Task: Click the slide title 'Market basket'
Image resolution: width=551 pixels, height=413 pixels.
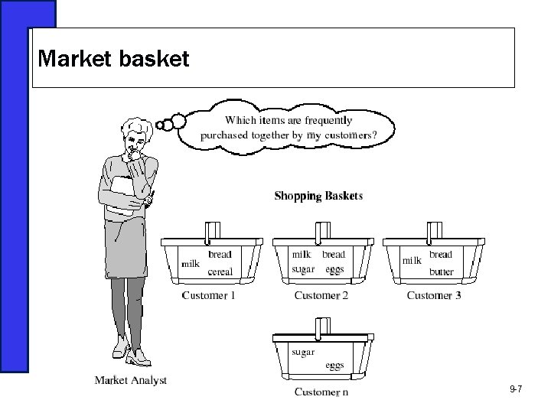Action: click(112, 59)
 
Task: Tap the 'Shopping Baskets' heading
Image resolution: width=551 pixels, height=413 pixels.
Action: click(318, 196)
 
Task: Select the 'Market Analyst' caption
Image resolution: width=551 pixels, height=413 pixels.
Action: click(130, 380)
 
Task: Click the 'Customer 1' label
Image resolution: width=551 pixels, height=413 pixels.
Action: click(208, 295)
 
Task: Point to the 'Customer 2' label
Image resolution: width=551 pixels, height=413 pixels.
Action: click(321, 295)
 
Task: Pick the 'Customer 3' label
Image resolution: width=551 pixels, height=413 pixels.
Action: click(433, 295)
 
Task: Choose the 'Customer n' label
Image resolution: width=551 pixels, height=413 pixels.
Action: click(321, 392)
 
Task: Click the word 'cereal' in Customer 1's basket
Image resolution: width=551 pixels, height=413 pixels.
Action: click(220, 272)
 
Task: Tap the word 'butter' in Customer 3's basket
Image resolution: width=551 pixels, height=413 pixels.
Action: click(442, 272)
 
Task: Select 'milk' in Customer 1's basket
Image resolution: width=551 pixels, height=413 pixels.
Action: click(190, 264)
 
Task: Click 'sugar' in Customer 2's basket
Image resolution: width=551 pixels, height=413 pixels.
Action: click(304, 269)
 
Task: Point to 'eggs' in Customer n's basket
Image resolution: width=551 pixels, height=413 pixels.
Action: click(334, 366)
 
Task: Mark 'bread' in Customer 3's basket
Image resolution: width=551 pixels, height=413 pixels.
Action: click(441, 255)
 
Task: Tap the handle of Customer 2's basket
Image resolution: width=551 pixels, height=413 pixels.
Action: click(321, 229)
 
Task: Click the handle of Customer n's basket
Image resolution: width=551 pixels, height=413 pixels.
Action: click(321, 326)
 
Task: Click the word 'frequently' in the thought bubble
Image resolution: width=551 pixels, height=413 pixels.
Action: click(329, 120)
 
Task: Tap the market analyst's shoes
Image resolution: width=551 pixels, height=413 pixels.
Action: click(130, 356)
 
